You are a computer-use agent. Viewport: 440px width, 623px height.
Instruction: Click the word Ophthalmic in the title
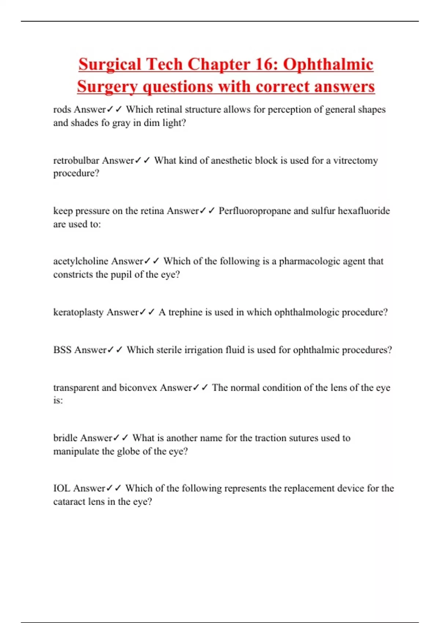(x=328, y=64)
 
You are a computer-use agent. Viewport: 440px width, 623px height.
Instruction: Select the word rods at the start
(x=62, y=110)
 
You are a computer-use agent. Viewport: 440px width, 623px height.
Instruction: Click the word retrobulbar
(x=76, y=161)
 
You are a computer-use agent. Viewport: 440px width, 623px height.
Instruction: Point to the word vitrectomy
(x=355, y=161)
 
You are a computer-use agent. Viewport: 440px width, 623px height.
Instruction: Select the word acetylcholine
(x=81, y=261)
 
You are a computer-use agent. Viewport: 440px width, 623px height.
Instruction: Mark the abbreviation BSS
(x=62, y=350)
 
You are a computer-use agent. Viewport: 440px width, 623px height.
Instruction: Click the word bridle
(x=65, y=438)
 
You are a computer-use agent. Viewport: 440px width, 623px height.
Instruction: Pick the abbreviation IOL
(x=62, y=489)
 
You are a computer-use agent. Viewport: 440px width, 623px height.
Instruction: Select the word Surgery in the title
(x=108, y=87)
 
